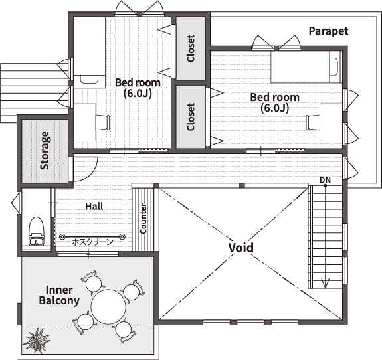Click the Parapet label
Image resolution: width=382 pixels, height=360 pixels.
point(328,31)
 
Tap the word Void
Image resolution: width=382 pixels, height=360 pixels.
point(241,248)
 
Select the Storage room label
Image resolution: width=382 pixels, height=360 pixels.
point(45,150)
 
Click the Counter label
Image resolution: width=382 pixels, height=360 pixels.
point(143,219)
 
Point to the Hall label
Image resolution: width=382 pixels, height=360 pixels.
point(94,207)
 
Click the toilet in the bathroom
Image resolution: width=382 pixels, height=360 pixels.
point(37,231)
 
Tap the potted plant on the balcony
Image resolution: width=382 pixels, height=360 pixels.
point(37,340)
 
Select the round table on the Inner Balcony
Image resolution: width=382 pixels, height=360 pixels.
point(108,307)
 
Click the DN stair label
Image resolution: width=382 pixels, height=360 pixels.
point(325,180)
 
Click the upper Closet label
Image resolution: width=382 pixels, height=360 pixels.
point(191,48)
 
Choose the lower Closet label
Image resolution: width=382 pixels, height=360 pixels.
point(191,117)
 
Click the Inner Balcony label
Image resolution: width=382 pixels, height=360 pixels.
point(59,295)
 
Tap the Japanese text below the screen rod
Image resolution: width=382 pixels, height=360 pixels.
point(92,242)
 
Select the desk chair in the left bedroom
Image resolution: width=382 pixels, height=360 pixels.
point(102,122)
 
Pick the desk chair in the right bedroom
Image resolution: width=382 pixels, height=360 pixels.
point(313,122)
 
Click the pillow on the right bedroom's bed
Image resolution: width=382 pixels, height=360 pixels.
point(334,67)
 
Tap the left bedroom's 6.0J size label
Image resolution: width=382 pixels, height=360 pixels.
point(138,93)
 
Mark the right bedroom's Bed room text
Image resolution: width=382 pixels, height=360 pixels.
point(275,98)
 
